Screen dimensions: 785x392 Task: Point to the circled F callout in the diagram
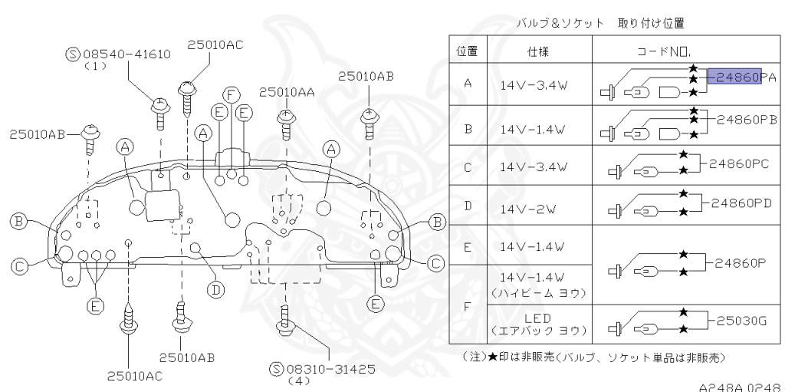point(228,94)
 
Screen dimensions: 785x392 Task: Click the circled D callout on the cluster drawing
point(217,289)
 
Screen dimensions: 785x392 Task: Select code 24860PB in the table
point(747,120)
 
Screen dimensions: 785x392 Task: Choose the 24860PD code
point(742,204)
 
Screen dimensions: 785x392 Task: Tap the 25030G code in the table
point(741,321)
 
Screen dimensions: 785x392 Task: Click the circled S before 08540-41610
point(73,54)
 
